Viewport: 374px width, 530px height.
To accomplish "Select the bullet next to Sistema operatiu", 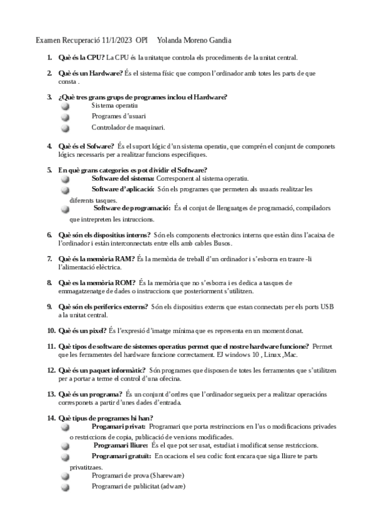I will coord(65,107).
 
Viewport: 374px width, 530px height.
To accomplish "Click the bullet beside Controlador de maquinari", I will coord(65,128).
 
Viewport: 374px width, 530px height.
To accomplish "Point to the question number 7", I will coord(50,258).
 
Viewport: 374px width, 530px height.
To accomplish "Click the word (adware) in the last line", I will coord(172,487).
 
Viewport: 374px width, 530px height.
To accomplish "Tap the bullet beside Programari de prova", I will coord(65,477).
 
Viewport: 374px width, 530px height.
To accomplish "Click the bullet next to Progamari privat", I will coord(65,427).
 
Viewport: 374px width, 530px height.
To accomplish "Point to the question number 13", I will coord(51,394).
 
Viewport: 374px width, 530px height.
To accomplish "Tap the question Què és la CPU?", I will coord(81,57).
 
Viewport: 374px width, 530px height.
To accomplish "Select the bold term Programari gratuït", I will coord(121,456).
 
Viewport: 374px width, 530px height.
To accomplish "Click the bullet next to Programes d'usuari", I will coord(65,117).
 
